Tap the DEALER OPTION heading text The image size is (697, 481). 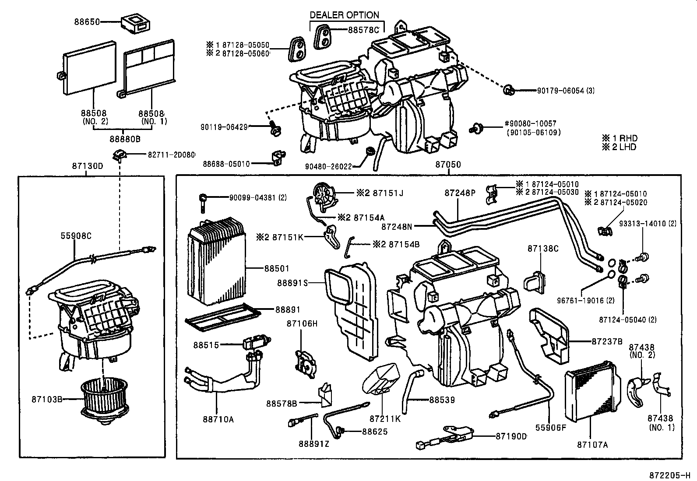tap(344, 15)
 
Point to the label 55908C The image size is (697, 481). tap(76, 236)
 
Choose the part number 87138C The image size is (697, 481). tap(543, 249)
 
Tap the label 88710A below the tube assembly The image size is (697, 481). tap(218, 419)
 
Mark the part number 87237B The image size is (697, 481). tap(607, 341)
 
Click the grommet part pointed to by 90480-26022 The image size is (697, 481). tap(370, 152)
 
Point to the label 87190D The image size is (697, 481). tap(511, 436)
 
